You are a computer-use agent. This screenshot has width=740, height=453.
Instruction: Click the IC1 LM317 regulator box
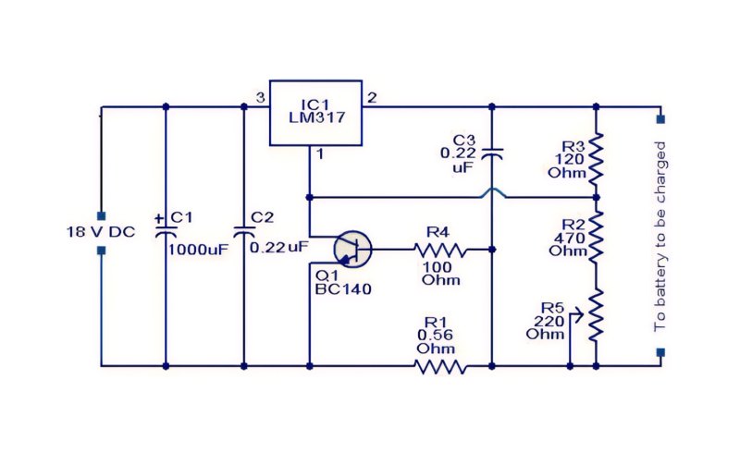[x=315, y=113]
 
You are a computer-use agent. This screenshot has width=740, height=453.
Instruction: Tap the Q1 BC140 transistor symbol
[x=352, y=250]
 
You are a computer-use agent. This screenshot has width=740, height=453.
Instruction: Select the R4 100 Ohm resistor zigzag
[x=439, y=250]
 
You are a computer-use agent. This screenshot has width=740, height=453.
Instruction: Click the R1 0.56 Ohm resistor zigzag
[x=440, y=367]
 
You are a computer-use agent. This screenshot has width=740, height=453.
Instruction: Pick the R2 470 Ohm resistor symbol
[x=596, y=236]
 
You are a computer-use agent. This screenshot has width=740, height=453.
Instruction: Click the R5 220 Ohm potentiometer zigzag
[x=596, y=315]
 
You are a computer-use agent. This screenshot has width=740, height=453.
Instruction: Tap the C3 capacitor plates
[x=492, y=153]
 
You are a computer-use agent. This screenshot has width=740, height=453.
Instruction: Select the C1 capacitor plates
[x=166, y=231]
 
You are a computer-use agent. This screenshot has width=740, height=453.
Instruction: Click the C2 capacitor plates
[x=244, y=231]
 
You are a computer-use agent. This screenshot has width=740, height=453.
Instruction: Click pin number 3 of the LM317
[x=260, y=98]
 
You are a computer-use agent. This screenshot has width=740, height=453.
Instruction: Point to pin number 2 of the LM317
[x=372, y=98]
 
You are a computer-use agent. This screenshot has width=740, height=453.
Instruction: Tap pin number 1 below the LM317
[x=320, y=153]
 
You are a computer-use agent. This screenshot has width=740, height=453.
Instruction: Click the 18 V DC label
[x=101, y=232]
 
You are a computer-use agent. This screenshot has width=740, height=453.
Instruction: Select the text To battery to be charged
[x=660, y=236]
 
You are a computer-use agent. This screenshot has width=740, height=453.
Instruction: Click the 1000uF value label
[x=198, y=250]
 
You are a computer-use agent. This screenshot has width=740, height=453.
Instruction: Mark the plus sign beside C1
[x=159, y=218]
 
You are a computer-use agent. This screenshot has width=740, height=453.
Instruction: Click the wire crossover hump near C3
[x=492, y=192]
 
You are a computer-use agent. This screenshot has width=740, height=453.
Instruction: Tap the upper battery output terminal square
[x=660, y=119]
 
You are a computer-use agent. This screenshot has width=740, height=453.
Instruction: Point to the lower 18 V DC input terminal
[x=101, y=251]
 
